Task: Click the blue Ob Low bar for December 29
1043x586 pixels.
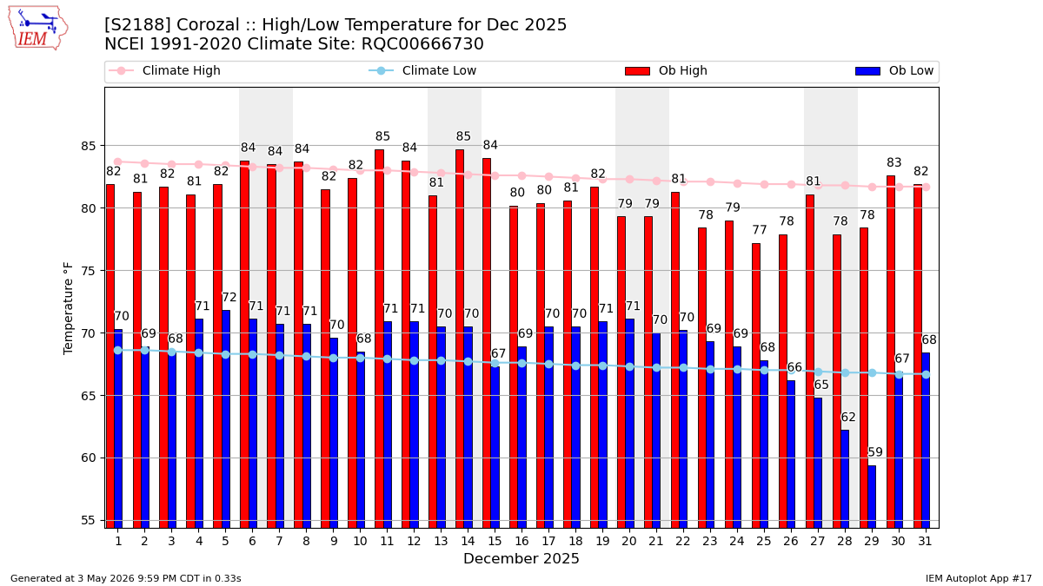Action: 872,497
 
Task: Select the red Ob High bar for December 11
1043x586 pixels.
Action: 380,339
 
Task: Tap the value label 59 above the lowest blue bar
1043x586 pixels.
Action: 875,452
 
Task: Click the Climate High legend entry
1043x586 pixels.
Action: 164,70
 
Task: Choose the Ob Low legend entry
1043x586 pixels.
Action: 894,70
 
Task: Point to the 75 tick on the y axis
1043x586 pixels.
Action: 89,271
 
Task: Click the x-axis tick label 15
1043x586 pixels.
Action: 495,541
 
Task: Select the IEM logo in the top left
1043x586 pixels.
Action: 37,29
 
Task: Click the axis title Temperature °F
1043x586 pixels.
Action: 68,308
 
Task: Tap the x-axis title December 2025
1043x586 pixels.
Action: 521,558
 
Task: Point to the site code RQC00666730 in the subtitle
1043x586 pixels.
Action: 422,44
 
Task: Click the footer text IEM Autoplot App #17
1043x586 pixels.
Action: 979,578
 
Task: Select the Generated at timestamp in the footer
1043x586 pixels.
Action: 126,578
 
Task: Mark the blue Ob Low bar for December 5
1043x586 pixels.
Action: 226,419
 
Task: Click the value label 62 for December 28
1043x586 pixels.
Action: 848,418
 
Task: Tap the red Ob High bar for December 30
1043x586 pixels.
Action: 891,352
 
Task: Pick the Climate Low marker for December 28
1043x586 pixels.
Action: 845,373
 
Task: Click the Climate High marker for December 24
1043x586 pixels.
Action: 737,184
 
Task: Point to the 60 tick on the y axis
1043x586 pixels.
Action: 89,458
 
